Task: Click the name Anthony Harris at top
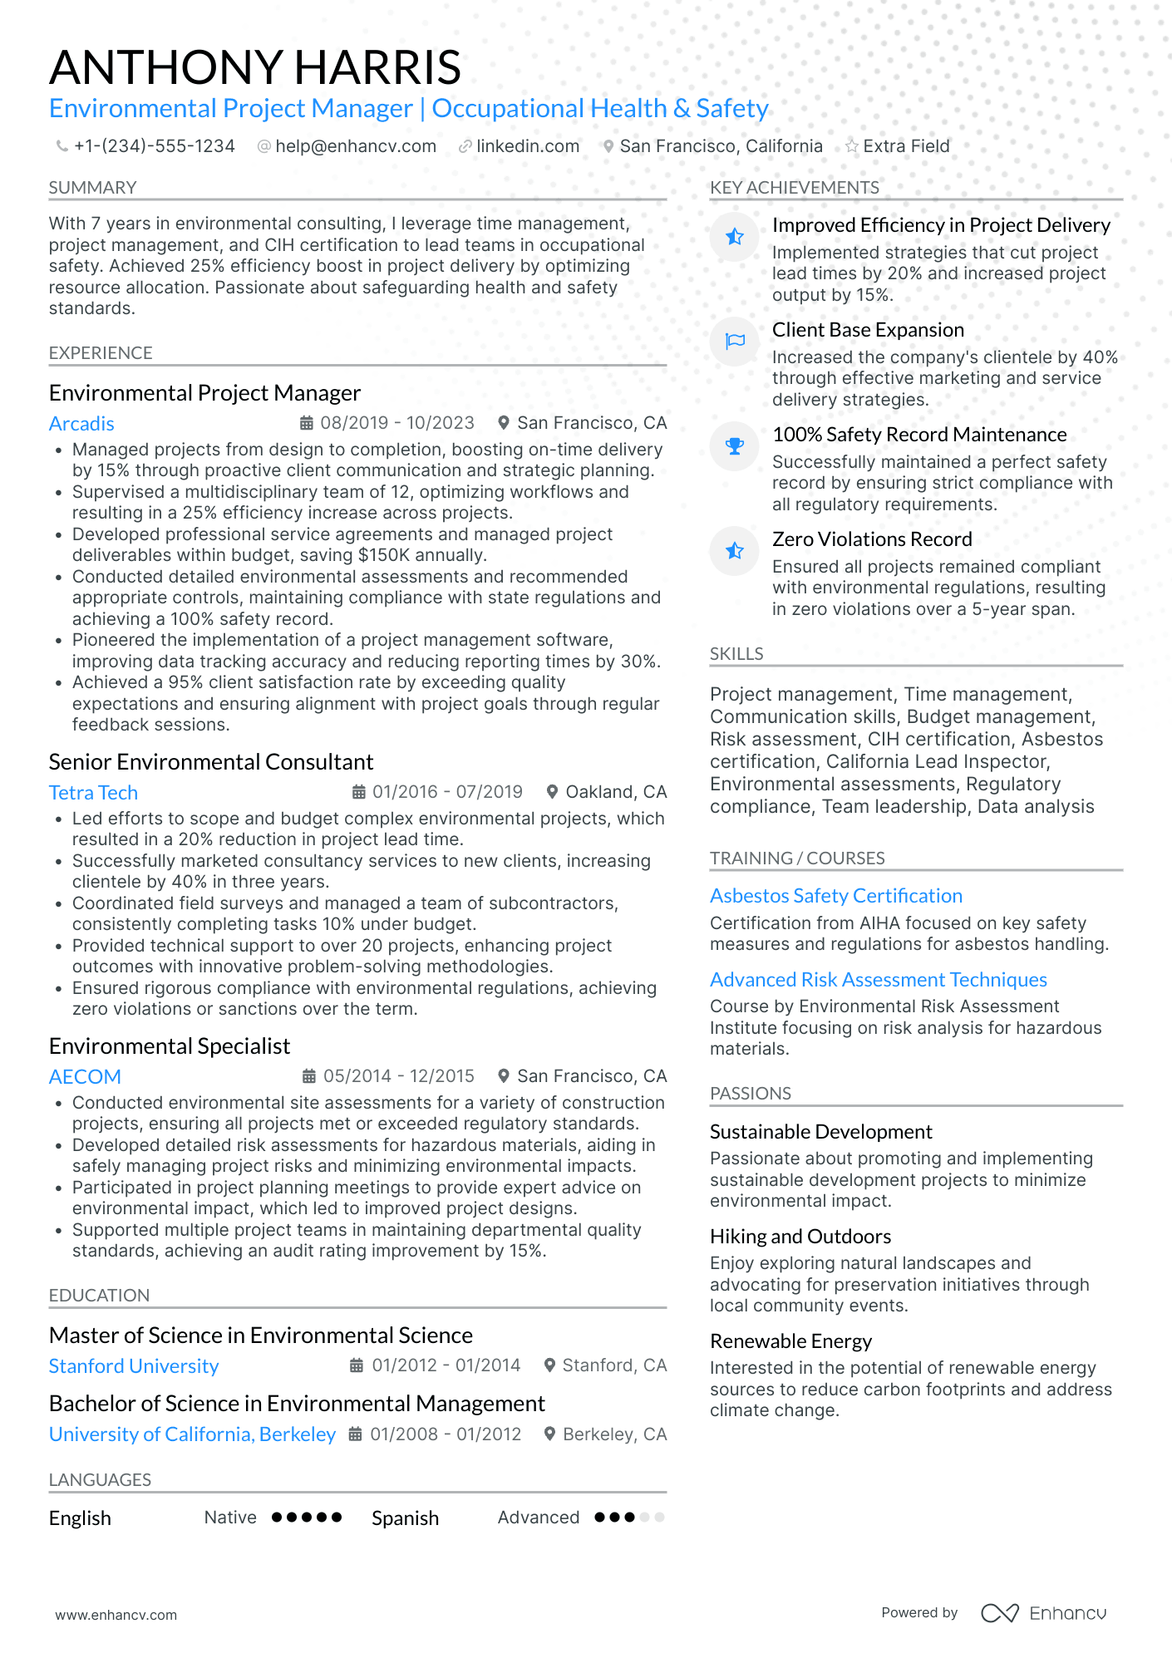[x=254, y=67]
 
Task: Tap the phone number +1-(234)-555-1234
[x=154, y=146]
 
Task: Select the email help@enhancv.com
[x=355, y=146]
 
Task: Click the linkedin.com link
[x=527, y=146]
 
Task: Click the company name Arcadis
[x=81, y=424]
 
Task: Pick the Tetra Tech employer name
[x=93, y=793]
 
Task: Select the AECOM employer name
[x=85, y=1077]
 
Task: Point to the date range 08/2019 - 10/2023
[x=396, y=423]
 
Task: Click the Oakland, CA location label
[x=615, y=792]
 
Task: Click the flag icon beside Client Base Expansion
[x=735, y=342]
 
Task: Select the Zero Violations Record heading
[x=871, y=539]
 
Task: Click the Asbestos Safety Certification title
[x=835, y=896]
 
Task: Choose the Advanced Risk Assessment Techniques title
[x=878, y=980]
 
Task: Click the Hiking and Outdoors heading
[x=800, y=1237]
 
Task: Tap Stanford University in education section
[x=134, y=1366]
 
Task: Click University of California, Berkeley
[x=192, y=1434]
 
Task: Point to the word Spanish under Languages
[x=405, y=1518]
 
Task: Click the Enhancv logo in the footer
[x=1043, y=1613]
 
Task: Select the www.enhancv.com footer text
[x=116, y=1615]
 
